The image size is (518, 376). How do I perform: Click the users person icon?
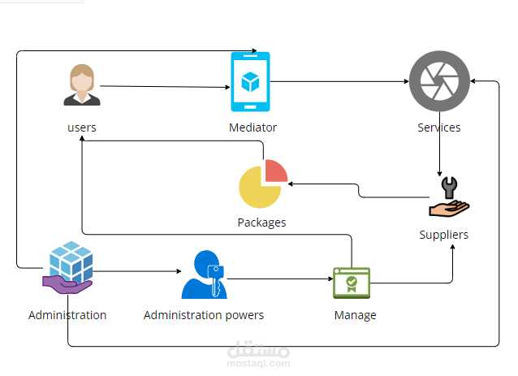[82, 86]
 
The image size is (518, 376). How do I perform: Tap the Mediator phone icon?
[250, 81]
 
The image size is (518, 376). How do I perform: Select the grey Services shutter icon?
[439, 82]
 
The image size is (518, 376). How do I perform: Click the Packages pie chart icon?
[261, 185]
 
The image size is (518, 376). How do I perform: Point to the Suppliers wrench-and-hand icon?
[449, 200]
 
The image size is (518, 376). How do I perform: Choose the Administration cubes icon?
[70, 266]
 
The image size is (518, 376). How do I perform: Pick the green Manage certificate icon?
[352, 283]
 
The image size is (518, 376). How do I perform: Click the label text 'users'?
[82, 127]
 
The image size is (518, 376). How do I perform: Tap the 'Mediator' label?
[253, 127]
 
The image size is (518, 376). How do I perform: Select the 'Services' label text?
[439, 127]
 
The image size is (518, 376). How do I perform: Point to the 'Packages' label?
[261, 222]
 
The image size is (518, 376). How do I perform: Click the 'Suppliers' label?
[444, 235]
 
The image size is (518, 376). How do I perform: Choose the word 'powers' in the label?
[243, 315]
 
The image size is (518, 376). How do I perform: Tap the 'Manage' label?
[355, 315]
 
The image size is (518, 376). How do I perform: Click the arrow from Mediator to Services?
[341, 81]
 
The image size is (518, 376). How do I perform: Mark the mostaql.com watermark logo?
[259, 356]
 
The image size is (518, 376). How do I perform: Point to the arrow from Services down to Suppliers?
[439, 150]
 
